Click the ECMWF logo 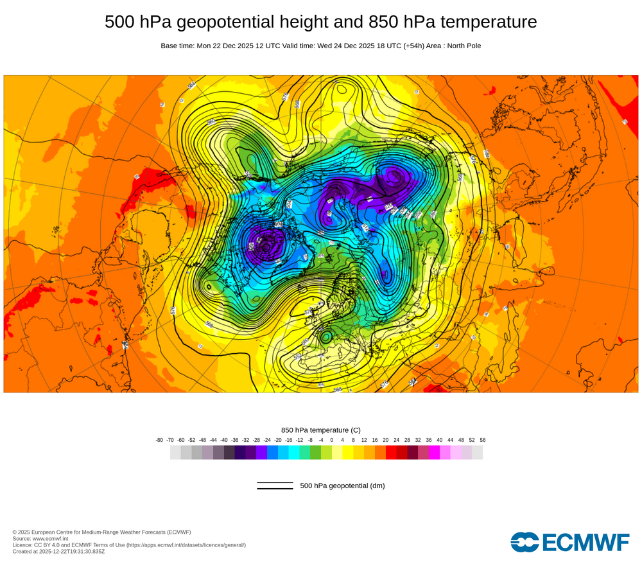[570, 541]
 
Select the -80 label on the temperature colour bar [159, 440]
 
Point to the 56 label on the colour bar [482, 440]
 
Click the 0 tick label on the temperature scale [332, 440]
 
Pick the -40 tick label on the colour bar [224, 440]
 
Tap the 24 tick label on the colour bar [396, 440]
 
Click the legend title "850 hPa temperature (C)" [321, 430]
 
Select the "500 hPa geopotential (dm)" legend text [342, 486]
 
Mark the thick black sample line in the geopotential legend [275, 488]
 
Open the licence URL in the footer [186, 545]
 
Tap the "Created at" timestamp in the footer [58, 551]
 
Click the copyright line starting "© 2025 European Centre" [101, 532]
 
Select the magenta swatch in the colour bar [434, 452]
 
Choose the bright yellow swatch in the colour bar [348, 452]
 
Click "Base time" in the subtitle [177, 46]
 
